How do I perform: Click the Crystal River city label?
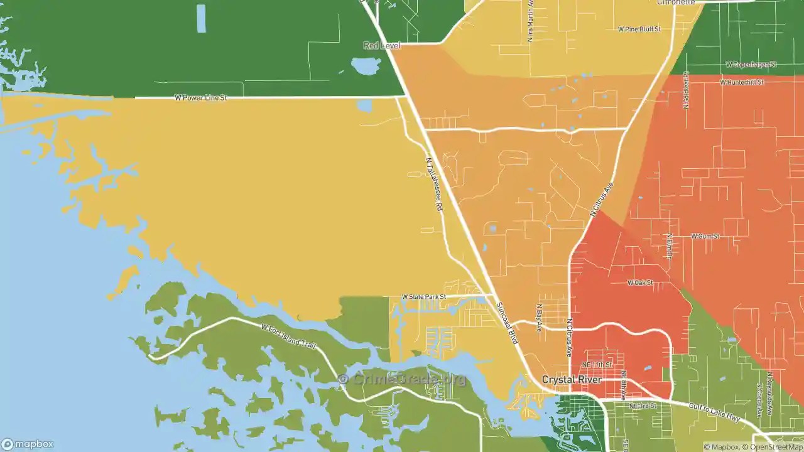point(572,380)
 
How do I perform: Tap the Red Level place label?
point(382,45)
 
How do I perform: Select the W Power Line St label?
point(200,98)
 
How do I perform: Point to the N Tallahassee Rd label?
point(434,183)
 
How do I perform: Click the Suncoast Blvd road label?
point(507,323)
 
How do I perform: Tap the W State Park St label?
point(424,297)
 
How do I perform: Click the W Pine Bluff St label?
point(639,29)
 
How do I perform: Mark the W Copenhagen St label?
point(751,65)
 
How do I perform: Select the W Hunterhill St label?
point(742,82)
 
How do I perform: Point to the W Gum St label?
point(705,236)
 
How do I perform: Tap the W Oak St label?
point(640,283)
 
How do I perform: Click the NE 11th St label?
point(596,365)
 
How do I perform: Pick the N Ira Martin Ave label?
point(531,21)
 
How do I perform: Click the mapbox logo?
point(28,444)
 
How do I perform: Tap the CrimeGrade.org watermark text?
point(402,379)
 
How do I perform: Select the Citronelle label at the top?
point(676,3)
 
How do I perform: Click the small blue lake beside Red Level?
point(365,65)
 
